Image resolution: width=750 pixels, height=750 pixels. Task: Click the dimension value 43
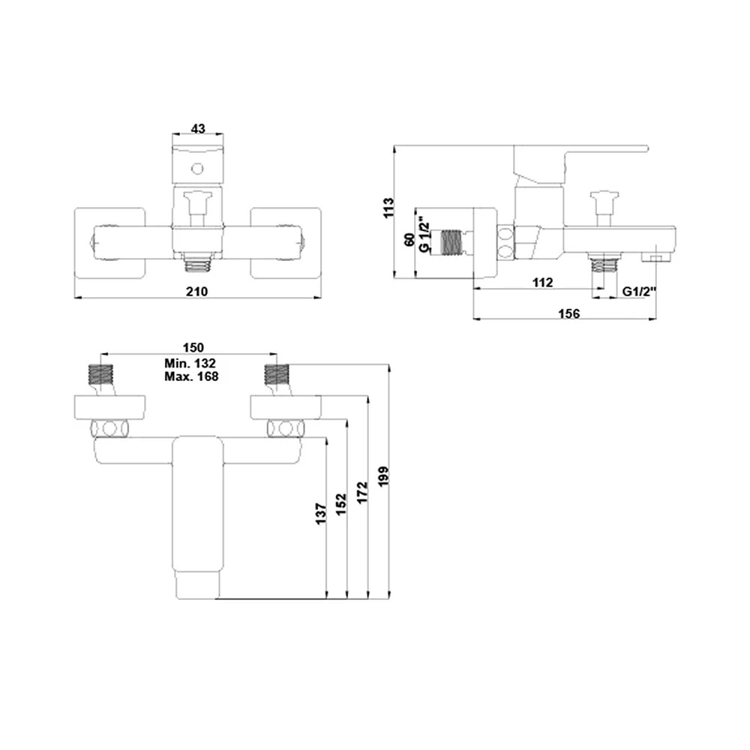(x=198, y=129)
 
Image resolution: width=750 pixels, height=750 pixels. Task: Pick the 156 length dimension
(x=570, y=313)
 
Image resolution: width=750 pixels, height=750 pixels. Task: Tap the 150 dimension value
(x=193, y=346)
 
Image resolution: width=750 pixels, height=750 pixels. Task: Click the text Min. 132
(x=190, y=364)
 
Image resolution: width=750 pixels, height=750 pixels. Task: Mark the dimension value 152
(x=341, y=504)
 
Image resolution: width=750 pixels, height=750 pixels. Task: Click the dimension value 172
(x=361, y=493)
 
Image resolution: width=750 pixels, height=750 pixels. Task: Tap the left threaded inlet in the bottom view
(x=99, y=373)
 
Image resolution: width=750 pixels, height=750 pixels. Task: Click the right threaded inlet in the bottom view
(x=276, y=373)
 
